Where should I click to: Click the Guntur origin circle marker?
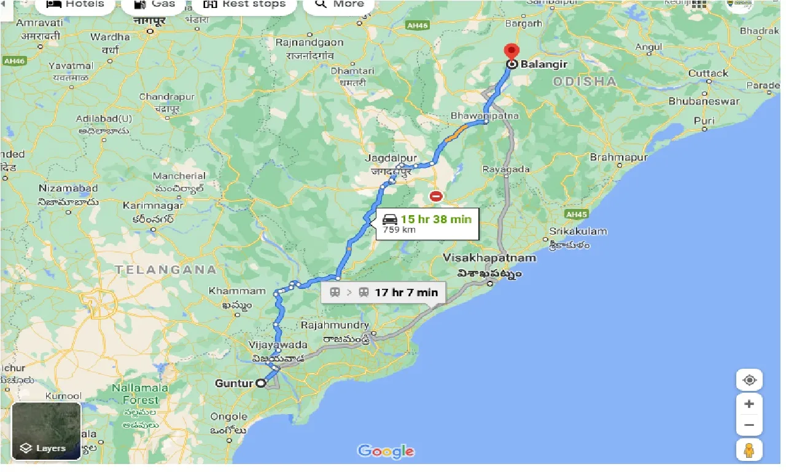tap(261, 383)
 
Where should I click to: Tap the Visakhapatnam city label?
tap(489, 258)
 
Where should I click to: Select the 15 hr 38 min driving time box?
tap(426, 224)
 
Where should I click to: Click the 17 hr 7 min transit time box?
tap(384, 293)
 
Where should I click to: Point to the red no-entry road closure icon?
tap(435, 197)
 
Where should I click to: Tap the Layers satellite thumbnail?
tap(46, 431)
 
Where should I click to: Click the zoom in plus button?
tap(749, 404)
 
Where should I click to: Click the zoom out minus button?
tap(749, 424)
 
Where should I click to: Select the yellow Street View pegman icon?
tap(749, 450)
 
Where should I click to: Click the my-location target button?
tap(749, 380)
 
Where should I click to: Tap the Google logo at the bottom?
tap(386, 452)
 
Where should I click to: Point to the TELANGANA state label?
tap(165, 269)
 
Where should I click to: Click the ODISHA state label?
tap(584, 81)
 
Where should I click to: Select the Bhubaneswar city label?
tap(704, 101)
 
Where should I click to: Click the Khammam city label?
tap(237, 291)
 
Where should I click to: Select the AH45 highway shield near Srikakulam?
tap(575, 214)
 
